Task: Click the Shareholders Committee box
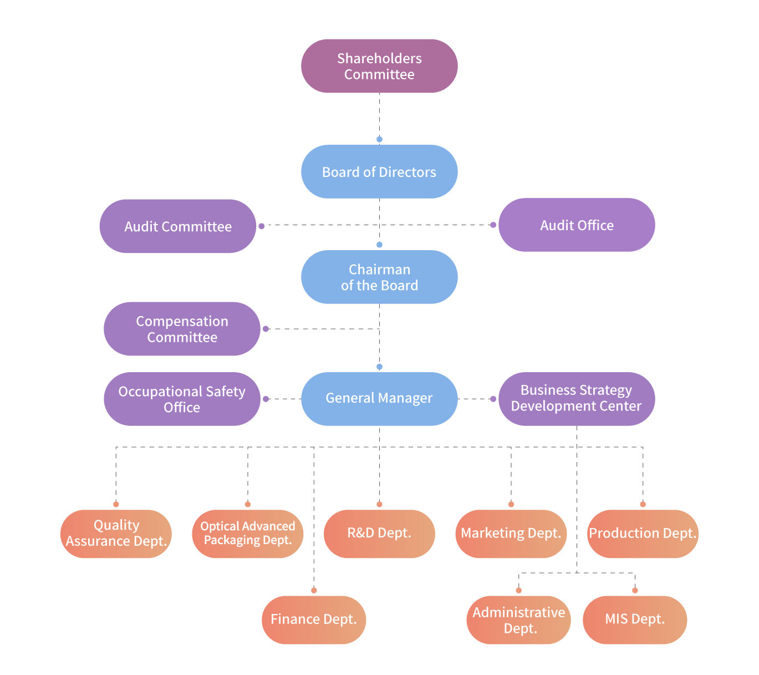click(x=379, y=66)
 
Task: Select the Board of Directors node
click(x=379, y=172)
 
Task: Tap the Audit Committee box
click(x=177, y=226)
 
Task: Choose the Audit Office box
click(x=577, y=225)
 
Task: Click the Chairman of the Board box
click(x=379, y=277)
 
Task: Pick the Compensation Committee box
click(x=182, y=329)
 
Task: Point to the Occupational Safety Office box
click(x=182, y=399)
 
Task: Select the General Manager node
click(x=379, y=399)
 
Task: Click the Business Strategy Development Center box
click(x=577, y=399)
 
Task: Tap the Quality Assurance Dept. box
click(x=116, y=534)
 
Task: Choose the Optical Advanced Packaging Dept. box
click(x=247, y=534)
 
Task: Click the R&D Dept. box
click(x=379, y=534)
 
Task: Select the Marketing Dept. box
click(x=511, y=534)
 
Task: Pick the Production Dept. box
click(x=643, y=534)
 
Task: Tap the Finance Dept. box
click(x=314, y=620)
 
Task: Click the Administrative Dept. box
click(x=518, y=620)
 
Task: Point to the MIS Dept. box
click(x=635, y=620)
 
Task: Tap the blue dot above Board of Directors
click(x=379, y=140)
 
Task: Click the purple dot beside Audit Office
click(x=493, y=225)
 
